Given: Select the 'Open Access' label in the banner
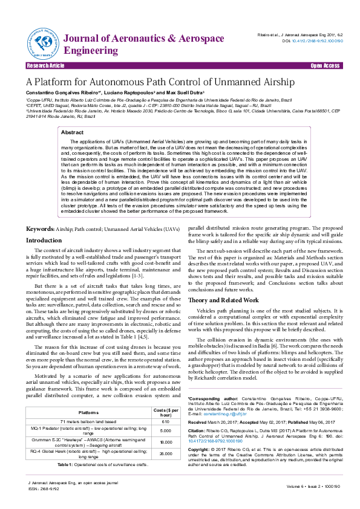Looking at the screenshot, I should pyautogui.click(x=324, y=65).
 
